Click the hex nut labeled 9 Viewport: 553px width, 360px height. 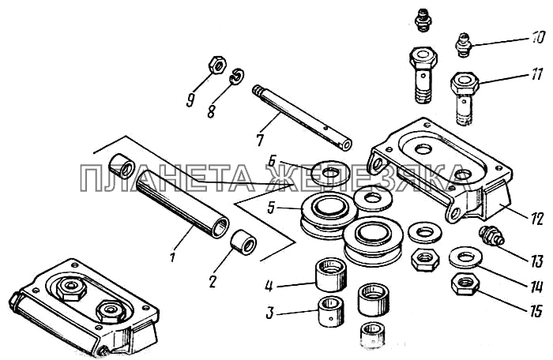coord(216,65)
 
